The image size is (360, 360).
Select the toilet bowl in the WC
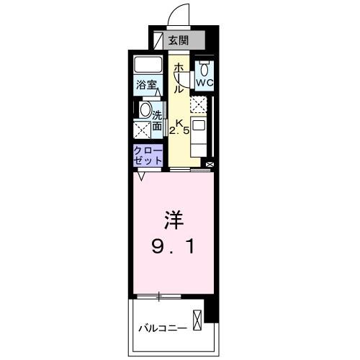pos(204,70)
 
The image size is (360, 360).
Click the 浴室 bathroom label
pos(148,85)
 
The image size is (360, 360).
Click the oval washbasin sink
pos(145,111)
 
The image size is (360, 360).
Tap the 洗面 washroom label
pos(157,119)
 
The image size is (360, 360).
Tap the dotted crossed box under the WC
pos(199,104)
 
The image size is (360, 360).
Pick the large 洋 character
pos(173,217)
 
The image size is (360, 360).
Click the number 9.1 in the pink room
pos(172,248)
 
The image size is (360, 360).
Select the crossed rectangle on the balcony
pos(197,318)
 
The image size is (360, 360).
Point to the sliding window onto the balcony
pos(158,296)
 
